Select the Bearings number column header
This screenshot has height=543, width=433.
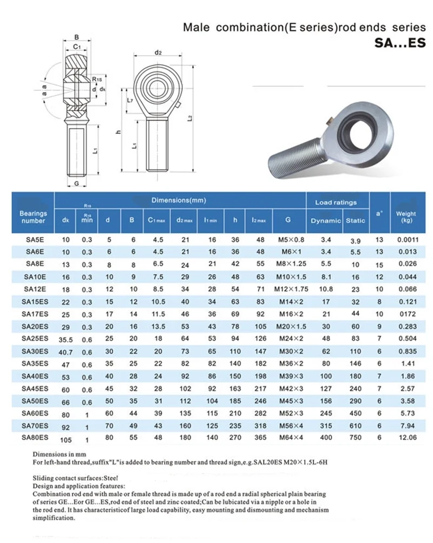click(x=33, y=217)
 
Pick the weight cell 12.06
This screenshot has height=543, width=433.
click(x=406, y=439)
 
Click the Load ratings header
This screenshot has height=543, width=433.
click(x=336, y=202)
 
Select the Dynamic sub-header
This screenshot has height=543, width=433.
click(x=325, y=220)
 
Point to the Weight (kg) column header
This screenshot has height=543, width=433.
click(x=406, y=217)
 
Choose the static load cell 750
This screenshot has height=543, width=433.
click(x=356, y=439)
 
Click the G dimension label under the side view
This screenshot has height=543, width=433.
click(x=77, y=184)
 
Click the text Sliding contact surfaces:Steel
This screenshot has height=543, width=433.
click(x=75, y=479)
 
